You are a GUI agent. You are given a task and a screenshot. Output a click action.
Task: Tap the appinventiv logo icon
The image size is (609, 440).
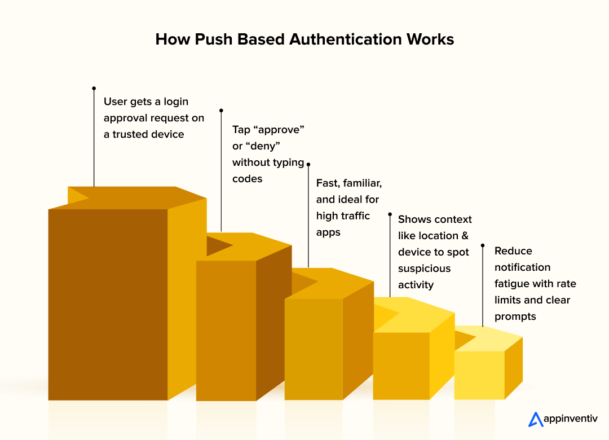pyautogui.click(x=535, y=419)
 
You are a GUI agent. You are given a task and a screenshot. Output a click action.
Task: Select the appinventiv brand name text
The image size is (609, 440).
pyautogui.click(x=570, y=419)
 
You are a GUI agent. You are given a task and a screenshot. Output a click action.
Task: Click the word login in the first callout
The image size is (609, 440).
pyautogui.click(x=175, y=102)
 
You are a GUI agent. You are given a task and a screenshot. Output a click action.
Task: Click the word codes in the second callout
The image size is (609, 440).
pyautogui.click(x=247, y=179)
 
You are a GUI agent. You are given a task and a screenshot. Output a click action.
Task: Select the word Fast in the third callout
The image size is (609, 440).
pyautogui.click(x=327, y=183)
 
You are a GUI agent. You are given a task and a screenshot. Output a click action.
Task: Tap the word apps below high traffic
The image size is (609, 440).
pyautogui.click(x=328, y=232)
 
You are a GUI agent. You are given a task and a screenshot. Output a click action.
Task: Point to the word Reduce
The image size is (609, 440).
pyautogui.click(x=513, y=251)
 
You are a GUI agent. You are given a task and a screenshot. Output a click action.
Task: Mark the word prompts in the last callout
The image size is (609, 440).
pyautogui.click(x=515, y=316)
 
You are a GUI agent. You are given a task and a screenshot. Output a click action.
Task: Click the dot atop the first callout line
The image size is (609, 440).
pyautogui.click(x=94, y=88)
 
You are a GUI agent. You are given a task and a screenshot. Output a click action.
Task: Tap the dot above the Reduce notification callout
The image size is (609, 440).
pyautogui.click(x=482, y=245)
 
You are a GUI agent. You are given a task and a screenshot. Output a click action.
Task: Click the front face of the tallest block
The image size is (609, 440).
pyautogui.click(x=108, y=305)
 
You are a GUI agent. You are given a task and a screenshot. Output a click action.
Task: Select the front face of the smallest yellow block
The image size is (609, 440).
pyautogui.click(x=479, y=375)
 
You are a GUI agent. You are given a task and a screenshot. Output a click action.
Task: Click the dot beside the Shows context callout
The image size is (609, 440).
pyautogui.click(x=390, y=214)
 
